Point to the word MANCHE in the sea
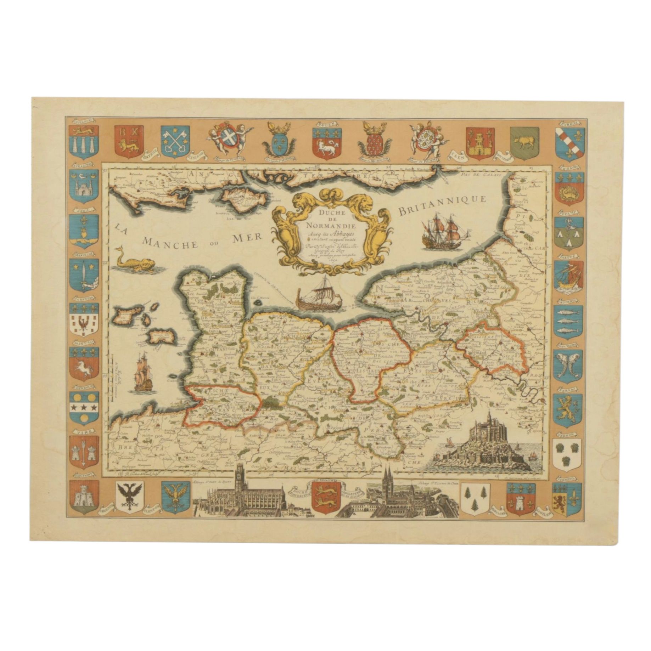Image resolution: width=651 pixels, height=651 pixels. tap(173, 243)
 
